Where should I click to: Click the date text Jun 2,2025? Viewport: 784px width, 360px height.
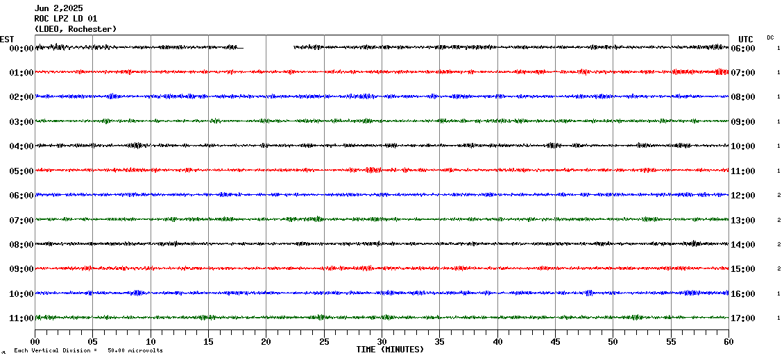[58, 8]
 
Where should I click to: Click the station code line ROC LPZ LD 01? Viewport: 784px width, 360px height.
[66, 19]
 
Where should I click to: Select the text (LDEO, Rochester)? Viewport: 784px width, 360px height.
[76, 29]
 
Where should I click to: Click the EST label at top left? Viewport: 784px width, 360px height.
[7, 39]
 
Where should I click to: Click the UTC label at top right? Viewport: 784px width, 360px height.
[746, 39]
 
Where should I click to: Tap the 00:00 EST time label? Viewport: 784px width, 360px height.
[22, 49]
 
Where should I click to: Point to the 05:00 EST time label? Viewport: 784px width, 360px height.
[22, 171]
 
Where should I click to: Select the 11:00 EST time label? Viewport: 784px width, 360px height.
[22, 318]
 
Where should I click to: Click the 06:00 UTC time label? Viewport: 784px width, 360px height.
[742, 49]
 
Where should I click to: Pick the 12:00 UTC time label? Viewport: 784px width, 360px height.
[742, 196]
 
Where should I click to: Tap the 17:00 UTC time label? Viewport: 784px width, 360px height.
[742, 318]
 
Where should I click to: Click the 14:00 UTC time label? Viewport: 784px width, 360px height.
[742, 245]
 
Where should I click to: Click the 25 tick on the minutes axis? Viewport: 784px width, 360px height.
[324, 341]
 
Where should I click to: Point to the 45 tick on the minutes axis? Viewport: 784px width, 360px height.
[555, 341]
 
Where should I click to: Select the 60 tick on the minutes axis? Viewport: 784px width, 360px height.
[728, 341]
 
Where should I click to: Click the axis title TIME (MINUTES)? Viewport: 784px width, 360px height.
[390, 350]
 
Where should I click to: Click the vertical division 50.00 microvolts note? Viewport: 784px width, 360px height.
[88, 351]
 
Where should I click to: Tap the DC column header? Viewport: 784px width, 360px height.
[770, 37]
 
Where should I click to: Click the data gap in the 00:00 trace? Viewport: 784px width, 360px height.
[269, 48]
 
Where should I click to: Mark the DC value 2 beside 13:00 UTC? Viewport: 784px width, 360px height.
[778, 220]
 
